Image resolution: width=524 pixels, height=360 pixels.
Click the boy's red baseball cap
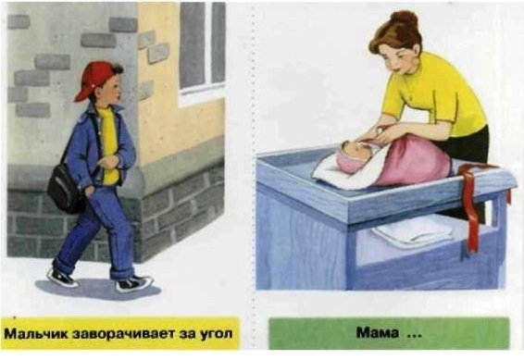[x=95, y=80]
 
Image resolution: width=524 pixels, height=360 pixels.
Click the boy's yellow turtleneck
[x=109, y=143]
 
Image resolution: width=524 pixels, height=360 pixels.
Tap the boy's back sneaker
[x=62, y=278]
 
